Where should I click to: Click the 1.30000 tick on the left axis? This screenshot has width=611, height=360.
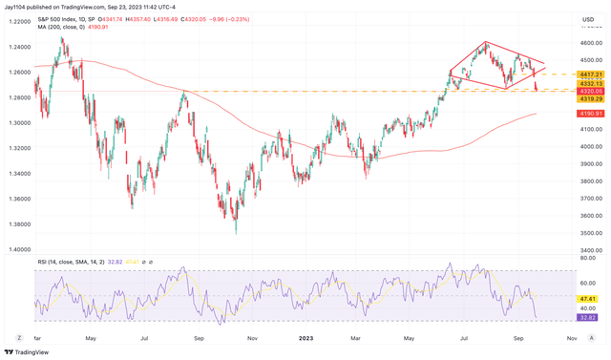click(x=16, y=123)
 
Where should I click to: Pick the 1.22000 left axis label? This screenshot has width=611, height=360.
click(x=16, y=21)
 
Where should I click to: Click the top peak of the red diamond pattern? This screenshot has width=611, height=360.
click(x=486, y=42)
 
